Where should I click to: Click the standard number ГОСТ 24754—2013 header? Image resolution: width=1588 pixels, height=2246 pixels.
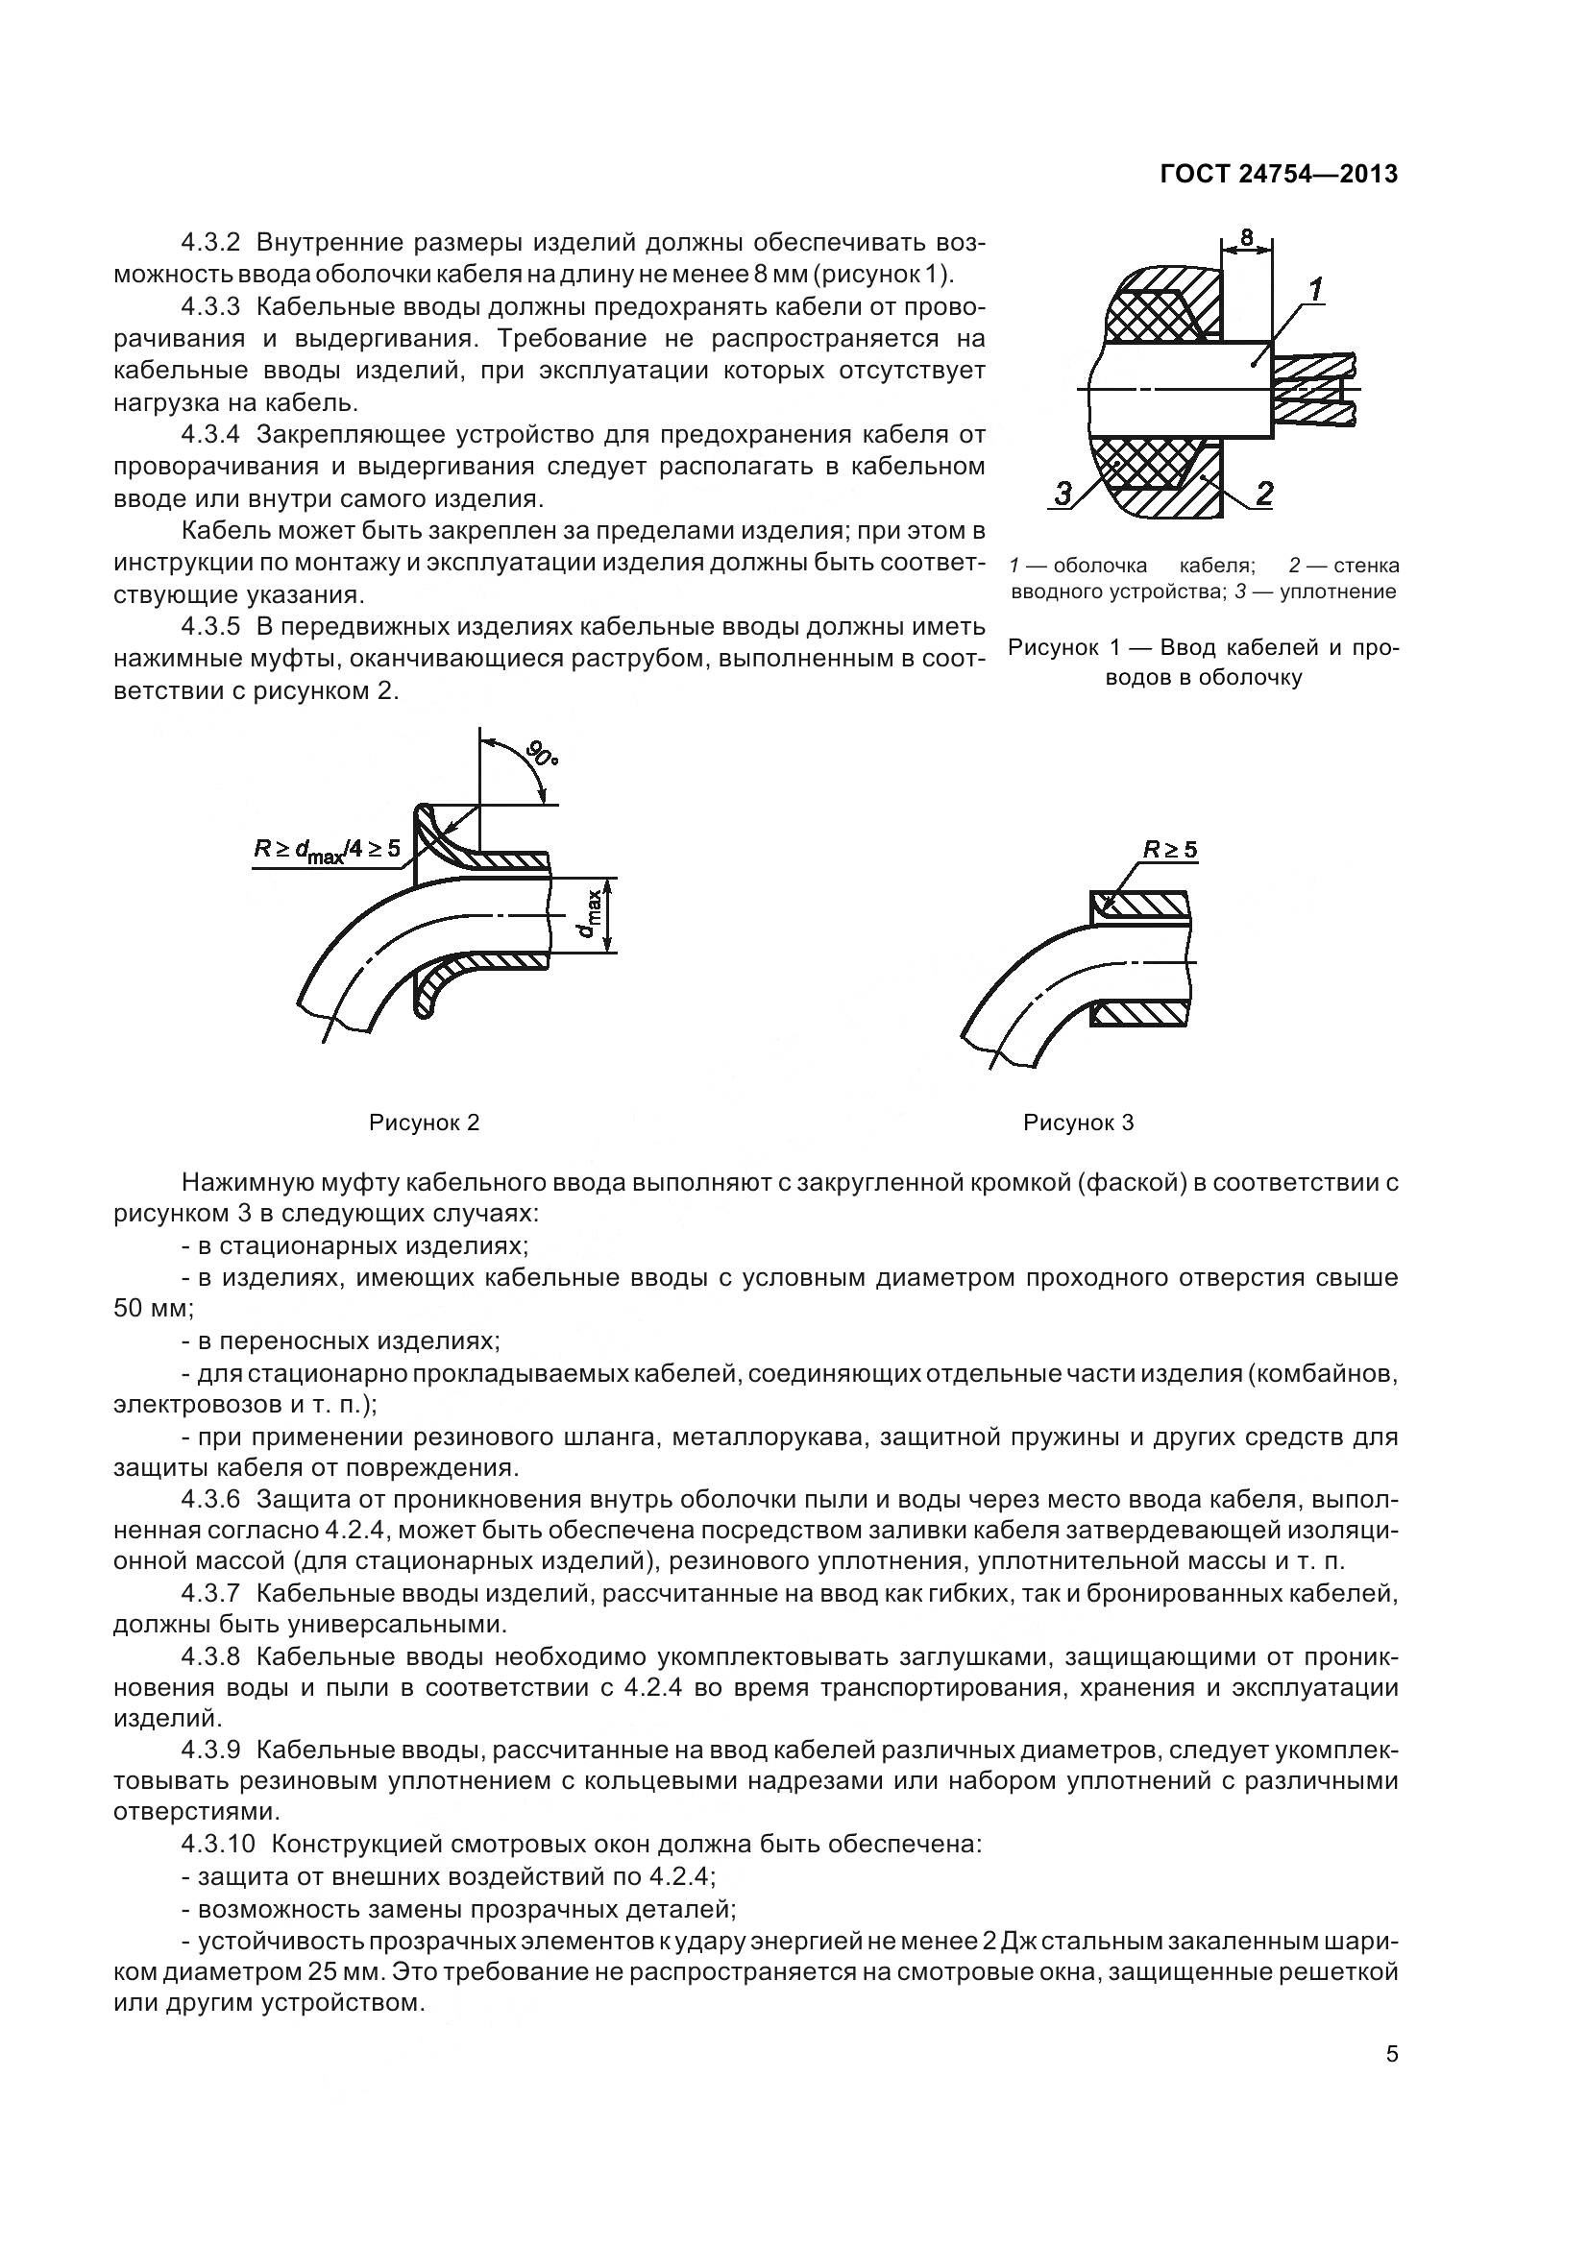1278,174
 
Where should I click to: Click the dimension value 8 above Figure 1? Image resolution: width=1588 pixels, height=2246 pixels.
1246,237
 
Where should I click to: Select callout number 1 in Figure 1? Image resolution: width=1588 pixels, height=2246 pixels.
1316,290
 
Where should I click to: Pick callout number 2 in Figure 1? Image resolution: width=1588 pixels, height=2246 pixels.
1264,494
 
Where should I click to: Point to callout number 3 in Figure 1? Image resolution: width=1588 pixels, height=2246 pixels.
1063,495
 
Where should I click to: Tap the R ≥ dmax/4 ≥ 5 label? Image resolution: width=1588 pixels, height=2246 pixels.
327,848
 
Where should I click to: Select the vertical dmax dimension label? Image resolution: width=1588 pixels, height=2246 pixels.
587,915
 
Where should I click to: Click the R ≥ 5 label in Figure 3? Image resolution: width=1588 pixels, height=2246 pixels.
1170,849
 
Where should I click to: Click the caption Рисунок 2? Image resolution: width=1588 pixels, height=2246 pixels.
424,1123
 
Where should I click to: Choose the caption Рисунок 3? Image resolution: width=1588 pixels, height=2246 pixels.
1078,1123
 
